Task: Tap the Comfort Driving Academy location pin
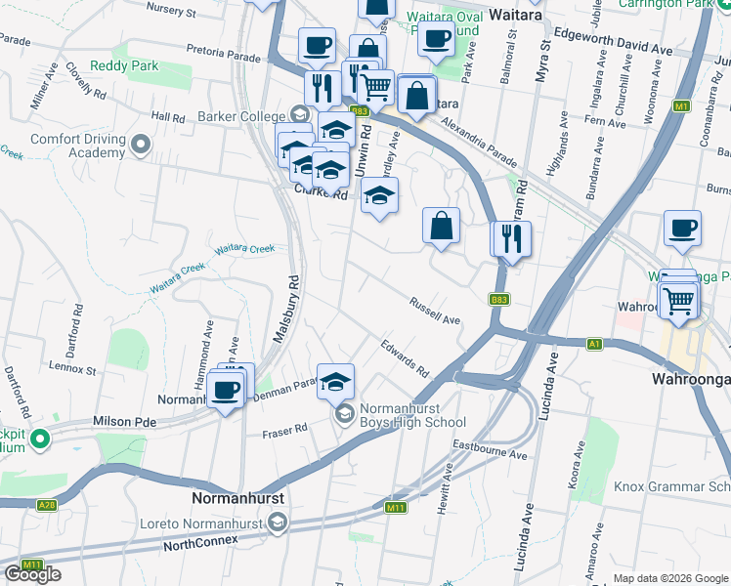[141, 146]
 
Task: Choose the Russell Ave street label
[435, 312]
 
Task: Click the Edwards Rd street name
[405, 357]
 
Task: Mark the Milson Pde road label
[124, 420]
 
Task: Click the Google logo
[32, 574]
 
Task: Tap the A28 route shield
[46, 505]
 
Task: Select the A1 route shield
[594, 344]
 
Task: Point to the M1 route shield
[681, 105]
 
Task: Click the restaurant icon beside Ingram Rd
[511, 238]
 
